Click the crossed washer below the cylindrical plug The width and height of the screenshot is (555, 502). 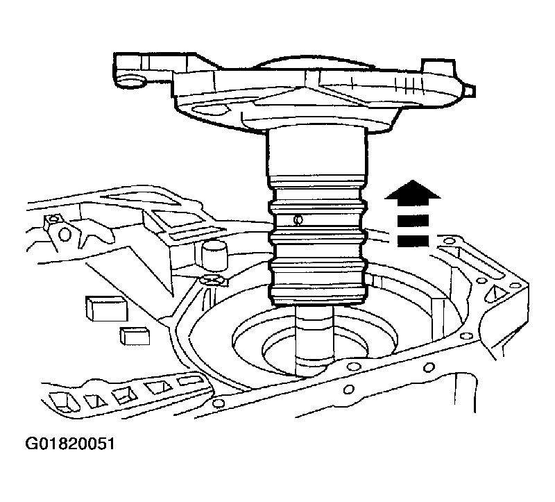tap(212, 281)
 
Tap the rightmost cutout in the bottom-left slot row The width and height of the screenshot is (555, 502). tap(186, 380)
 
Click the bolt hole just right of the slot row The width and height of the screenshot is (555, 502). tap(219, 403)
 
